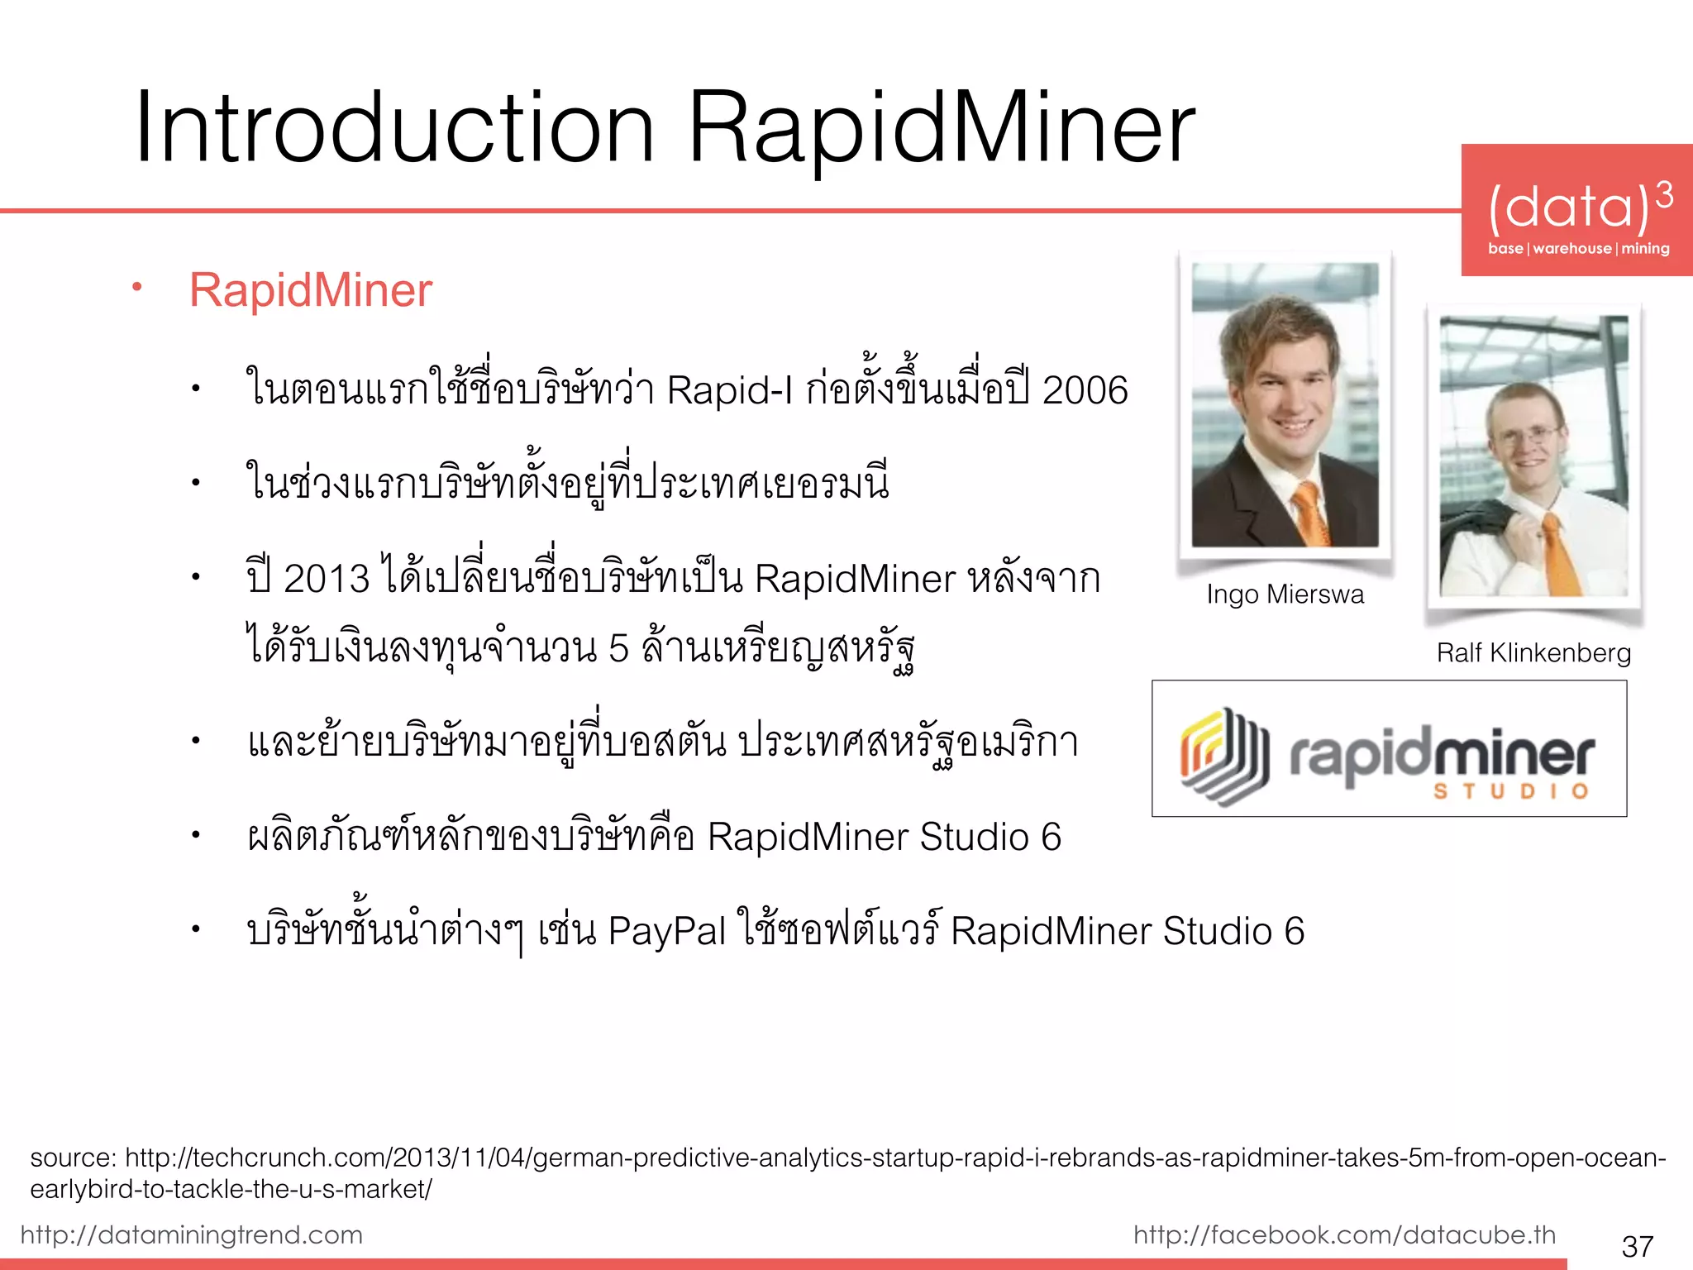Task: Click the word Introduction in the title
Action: (x=395, y=128)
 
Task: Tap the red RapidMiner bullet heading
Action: (x=310, y=290)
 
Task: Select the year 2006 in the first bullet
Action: (x=1085, y=390)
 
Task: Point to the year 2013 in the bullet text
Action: (x=326, y=578)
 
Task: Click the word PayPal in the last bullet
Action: (x=666, y=931)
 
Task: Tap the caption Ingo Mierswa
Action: (x=1285, y=594)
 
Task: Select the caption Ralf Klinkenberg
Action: (x=1533, y=653)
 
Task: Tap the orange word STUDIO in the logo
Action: (x=1510, y=791)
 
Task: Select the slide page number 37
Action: (x=1637, y=1246)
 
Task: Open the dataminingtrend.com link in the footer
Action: (x=192, y=1234)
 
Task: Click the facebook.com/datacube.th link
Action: (x=1344, y=1234)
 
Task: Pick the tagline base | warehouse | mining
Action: (x=1578, y=249)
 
